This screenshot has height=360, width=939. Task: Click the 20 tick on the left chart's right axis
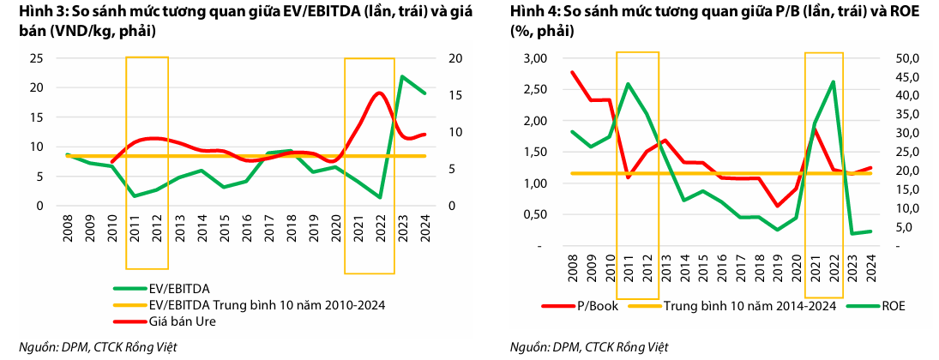pos(454,58)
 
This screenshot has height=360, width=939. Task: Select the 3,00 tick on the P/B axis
pos(534,58)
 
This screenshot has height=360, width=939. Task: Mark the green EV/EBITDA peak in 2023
pos(403,77)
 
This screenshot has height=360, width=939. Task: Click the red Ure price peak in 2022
pos(379,93)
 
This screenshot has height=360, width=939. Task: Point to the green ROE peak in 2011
pos(628,84)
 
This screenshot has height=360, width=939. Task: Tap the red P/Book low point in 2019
pos(778,206)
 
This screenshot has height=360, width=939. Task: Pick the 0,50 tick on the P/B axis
pos(534,214)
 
